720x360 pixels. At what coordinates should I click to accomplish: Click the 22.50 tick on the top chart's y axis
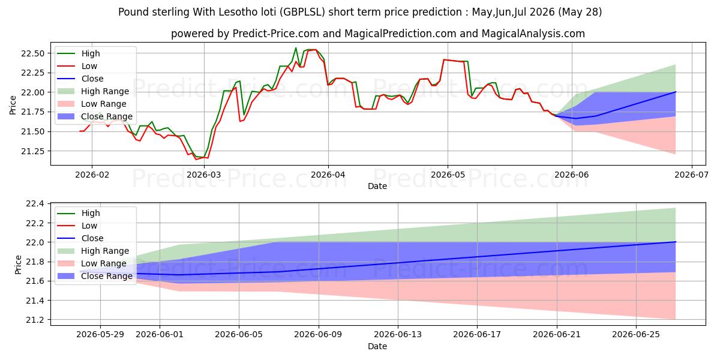(33, 53)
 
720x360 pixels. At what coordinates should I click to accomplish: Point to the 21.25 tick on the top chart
(33, 151)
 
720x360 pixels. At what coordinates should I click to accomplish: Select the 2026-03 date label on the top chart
(204, 175)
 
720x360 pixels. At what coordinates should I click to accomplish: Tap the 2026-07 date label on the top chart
(691, 175)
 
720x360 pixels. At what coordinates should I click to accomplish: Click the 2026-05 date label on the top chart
(448, 175)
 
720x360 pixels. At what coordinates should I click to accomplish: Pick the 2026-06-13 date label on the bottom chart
(398, 335)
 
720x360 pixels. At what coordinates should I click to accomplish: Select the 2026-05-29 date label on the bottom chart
(100, 335)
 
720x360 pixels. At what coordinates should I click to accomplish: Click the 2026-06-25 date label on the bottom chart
(636, 335)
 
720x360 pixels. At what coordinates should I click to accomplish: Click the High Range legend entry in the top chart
(93, 91)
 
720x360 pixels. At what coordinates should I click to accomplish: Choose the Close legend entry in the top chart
(80, 79)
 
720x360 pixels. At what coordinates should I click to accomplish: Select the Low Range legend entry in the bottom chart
(92, 263)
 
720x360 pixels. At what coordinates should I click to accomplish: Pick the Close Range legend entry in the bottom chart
(95, 276)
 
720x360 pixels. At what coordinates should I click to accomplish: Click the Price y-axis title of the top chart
(13, 105)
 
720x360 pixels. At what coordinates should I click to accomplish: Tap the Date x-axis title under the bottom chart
(377, 346)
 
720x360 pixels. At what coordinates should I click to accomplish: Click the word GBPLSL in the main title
(302, 12)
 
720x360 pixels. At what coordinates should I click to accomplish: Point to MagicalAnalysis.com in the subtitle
(533, 34)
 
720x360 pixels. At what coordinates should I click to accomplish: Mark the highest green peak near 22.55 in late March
(296, 48)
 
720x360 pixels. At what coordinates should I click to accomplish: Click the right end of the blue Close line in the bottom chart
(676, 242)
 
